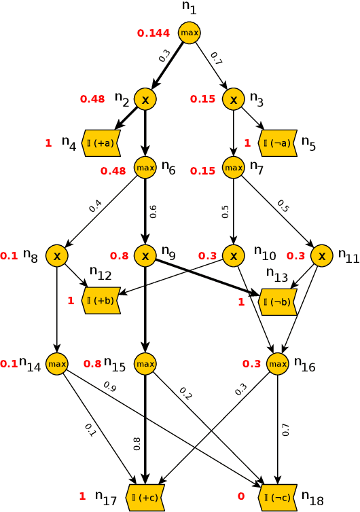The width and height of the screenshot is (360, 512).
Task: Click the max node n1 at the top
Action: [x=190, y=33]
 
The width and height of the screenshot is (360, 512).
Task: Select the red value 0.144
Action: [x=154, y=33]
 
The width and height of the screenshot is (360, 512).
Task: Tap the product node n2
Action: [x=145, y=99]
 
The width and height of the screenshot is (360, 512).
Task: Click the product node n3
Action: [x=234, y=99]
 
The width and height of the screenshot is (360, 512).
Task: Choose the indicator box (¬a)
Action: [x=278, y=143]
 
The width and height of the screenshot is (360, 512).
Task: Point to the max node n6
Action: [x=145, y=166]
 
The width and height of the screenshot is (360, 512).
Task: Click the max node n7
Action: [x=234, y=166]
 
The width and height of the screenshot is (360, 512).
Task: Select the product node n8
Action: [x=57, y=256]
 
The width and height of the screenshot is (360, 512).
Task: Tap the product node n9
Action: [x=145, y=256]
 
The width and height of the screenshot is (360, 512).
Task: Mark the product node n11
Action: [x=322, y=256]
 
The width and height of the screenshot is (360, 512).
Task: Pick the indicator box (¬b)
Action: [x=278, y=301]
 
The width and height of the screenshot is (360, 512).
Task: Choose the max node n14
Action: [x=57, y=364]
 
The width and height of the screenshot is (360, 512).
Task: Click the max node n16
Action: [x=278, y=364]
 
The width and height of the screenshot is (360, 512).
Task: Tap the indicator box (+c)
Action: [x=145, y=498]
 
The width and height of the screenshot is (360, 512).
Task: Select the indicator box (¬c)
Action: [x=278, y=498]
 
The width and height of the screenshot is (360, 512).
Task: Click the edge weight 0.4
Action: [x=95, y=205]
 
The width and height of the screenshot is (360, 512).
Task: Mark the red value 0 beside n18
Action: [x=241, y=496]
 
